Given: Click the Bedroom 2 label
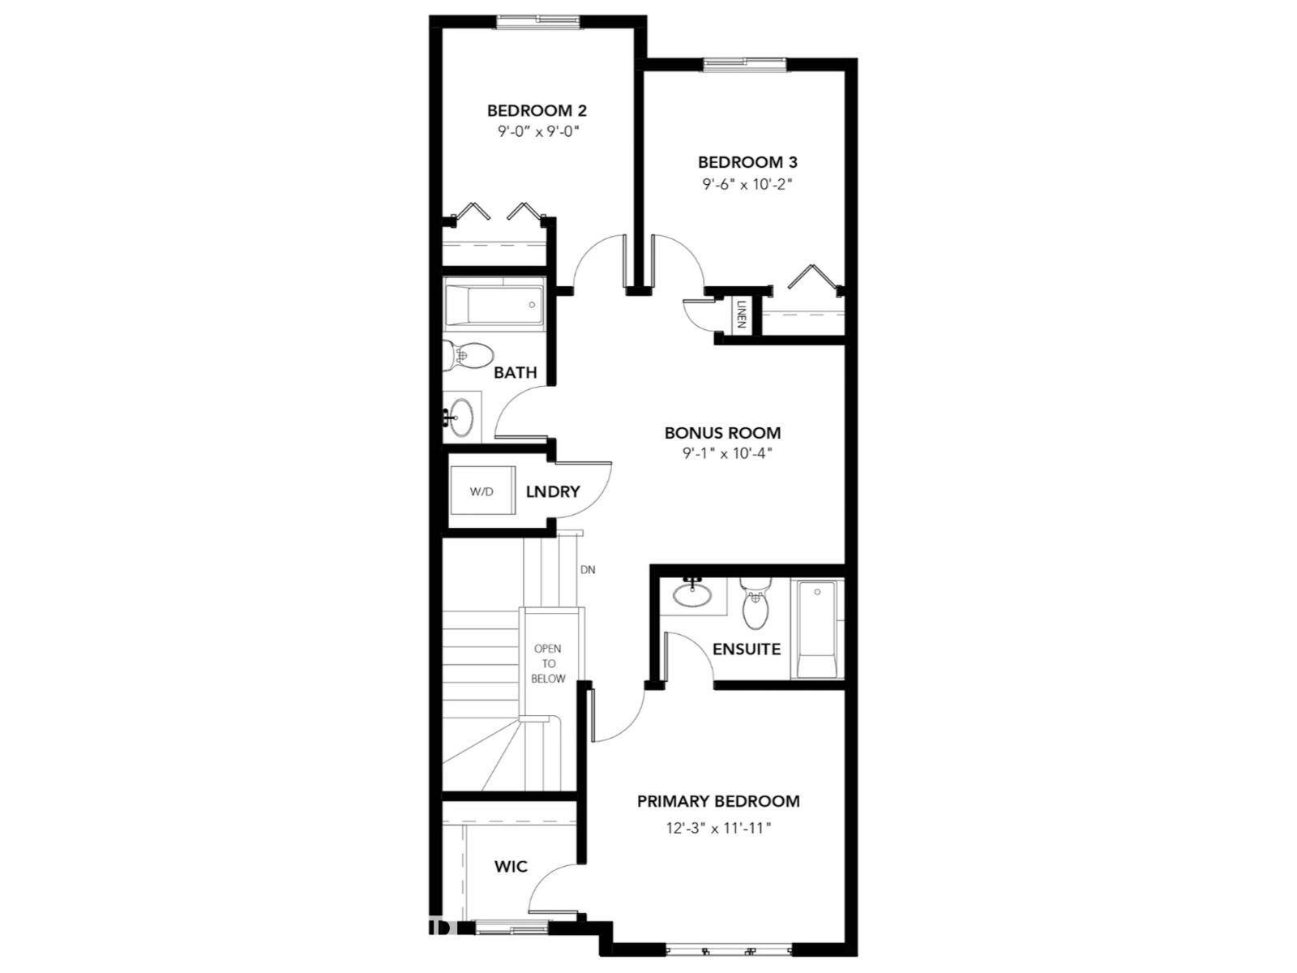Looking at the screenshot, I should pyautogui.click(x=537, y=110).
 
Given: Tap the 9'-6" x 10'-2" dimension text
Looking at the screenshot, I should pyautogui.click(x=747, y=184).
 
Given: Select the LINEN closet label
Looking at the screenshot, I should pyautogui.click(x=741, y=314).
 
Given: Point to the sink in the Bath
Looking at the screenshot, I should pyautogui.click(x=461, y=417).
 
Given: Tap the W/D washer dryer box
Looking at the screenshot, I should pyautogui.click(x=482, y=491).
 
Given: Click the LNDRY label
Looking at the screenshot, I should pyautogui.click(x=553, y=491).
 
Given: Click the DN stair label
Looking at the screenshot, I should pyautogui.click(x=588, y=570).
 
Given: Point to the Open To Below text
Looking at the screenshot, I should pyautogui.click(x=548, y=663).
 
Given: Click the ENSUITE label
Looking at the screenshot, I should pyautogui.click(x=747, y=649).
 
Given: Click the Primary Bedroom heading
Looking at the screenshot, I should pyautogui.click(x=718, y=801).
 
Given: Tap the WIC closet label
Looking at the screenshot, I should pyautogui.click(x=511, y=866).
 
